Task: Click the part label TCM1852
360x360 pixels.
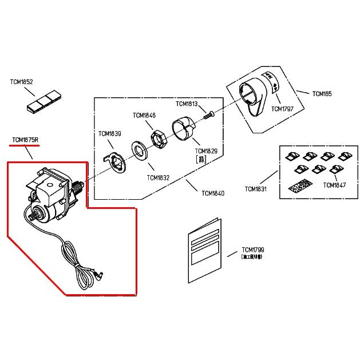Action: click(x=21, y=82)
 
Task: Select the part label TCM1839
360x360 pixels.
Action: click(x=109, y=134)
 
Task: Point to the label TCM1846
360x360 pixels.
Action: click(x=144, y=115)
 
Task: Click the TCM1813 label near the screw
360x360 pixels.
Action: click(x=187, y=104)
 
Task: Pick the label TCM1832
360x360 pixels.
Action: click(x=158, y=177)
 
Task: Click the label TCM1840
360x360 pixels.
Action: click(x=213, y=193)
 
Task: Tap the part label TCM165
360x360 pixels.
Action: click(x=322, y=93)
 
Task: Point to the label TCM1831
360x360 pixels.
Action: click(x=256, y=188)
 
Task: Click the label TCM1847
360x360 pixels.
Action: click(x=334, y=185)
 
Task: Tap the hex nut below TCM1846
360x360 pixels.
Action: click(x=159, y=139)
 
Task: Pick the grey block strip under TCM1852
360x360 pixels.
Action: click(x=43, y=104)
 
